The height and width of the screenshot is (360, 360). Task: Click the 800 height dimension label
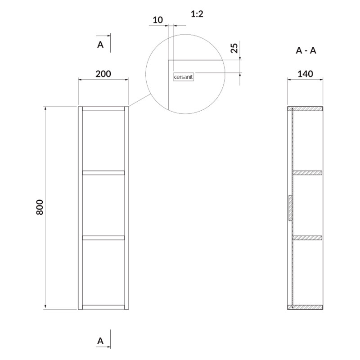[40, 207]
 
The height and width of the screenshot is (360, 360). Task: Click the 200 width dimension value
[103, 74]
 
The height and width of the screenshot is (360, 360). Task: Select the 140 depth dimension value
[306, 74]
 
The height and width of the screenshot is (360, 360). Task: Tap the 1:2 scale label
[197, 14]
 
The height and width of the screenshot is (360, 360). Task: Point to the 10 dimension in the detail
[158, 20]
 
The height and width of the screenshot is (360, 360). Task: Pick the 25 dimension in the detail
[234, 48]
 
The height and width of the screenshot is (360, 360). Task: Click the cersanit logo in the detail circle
[183, 77]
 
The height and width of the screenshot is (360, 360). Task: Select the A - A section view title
[306, 50]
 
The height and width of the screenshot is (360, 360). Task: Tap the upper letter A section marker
[100, 45]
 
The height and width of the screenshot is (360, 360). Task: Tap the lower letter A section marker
[100, 341]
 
